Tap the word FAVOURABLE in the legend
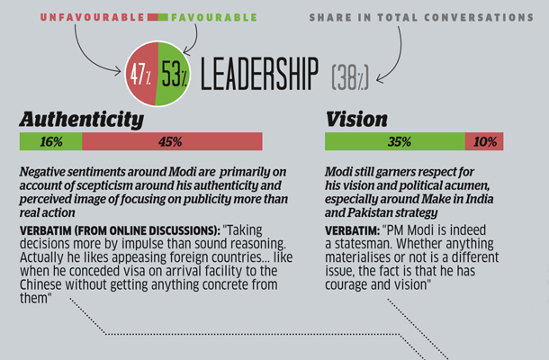point(213,17)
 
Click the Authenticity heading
point(81,119)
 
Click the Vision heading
point(356,119)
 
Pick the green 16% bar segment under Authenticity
point(50,141)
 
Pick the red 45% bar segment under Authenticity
point(171,141)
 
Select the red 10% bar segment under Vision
point(484,141)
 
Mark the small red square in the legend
point(151,17)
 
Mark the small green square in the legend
point(163,17)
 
